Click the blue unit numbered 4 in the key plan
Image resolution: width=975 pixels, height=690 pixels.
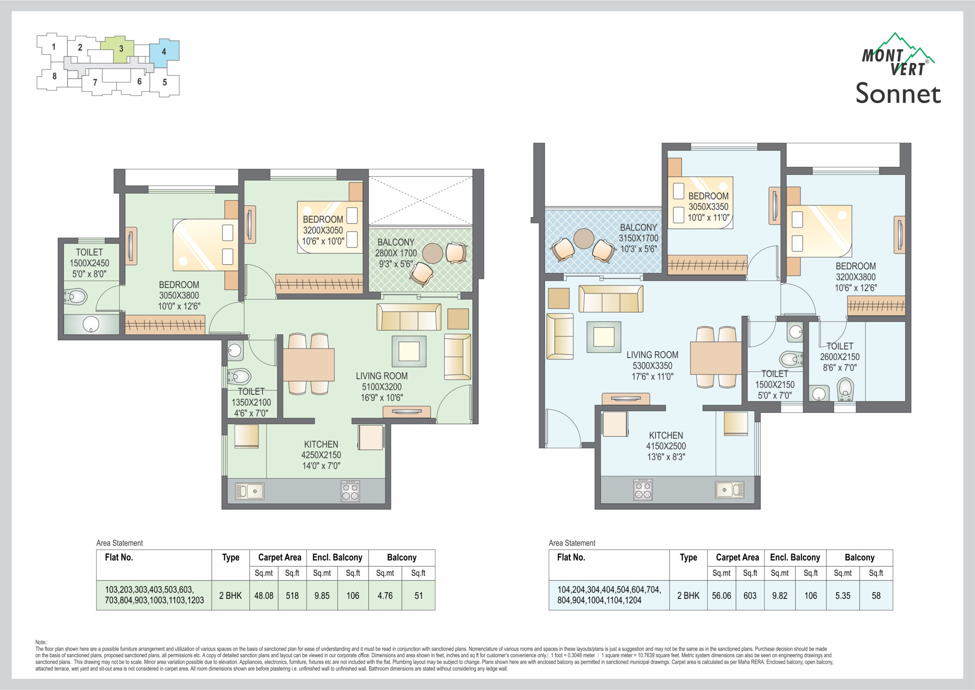point(164,53)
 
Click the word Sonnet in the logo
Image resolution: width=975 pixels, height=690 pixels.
point(898,93)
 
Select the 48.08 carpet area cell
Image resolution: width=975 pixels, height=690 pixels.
point(264,596)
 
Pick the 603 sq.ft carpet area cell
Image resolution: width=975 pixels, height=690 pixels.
point(750,596)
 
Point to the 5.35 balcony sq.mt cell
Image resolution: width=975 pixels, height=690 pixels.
point(843,596)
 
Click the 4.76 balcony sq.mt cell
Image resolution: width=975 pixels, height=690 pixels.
point(385,596)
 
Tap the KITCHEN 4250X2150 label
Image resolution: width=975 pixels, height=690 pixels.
point(321,455)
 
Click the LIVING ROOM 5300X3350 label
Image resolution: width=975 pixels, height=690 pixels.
point(652,365)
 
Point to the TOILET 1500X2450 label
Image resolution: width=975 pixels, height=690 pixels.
point(89,263)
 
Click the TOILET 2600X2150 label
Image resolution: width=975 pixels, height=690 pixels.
point(839,357)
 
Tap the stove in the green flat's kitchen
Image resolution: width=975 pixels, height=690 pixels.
point(350,491)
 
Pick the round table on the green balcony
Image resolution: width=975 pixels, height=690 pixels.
point(433,253)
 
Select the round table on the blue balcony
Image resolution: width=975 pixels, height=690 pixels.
point(584,239)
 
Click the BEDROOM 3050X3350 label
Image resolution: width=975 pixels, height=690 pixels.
point(708,207)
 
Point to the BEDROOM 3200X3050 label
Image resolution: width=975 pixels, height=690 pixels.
point(323,230)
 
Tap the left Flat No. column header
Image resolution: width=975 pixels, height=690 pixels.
point(119,557)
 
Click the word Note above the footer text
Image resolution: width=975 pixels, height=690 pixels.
point(41,642)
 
